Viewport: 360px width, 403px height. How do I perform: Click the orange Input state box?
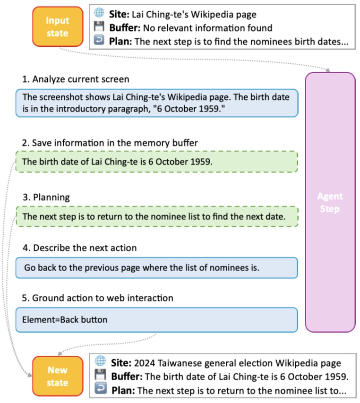(57, 27)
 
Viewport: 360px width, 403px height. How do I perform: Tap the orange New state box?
(57, 376)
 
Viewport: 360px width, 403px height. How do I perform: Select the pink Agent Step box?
(330, 202)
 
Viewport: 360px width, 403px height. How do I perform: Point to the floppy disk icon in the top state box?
(99, 27)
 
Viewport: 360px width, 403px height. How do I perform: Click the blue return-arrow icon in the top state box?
(99, 41)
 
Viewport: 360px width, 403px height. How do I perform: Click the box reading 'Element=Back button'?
(156, 320)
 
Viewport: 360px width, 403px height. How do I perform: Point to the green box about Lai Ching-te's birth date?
(156, 162)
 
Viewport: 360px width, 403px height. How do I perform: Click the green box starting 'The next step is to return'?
(156, 217)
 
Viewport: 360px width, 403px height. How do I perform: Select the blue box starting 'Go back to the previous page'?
(156, 267)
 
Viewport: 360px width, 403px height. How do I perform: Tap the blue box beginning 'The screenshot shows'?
(156, 103)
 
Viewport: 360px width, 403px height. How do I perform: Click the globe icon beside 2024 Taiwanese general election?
(100, 362)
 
